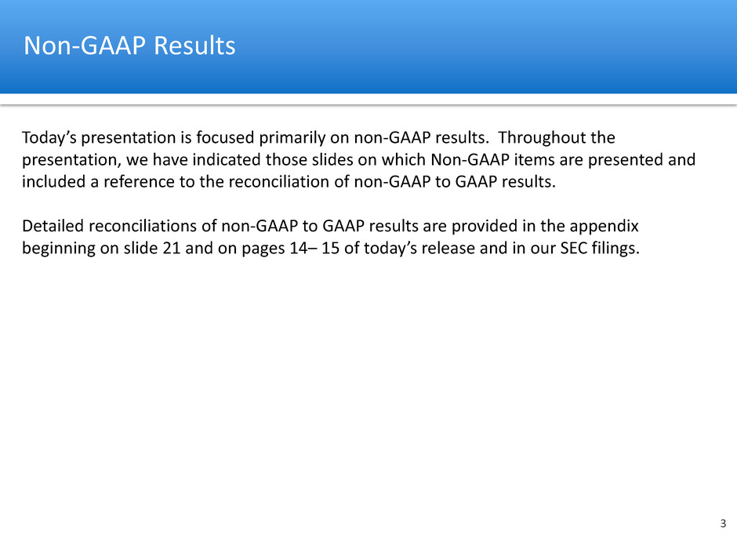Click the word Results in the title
(x=194, y=45)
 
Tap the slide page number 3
(x=723, y=523)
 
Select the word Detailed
(x=53, y=226)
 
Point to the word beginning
(x=59, y=249)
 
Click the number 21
(x=172, y=248)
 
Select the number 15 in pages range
(x=330, y=248)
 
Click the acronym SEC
(x=573, y=248)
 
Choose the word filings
(x=615, y=249)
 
